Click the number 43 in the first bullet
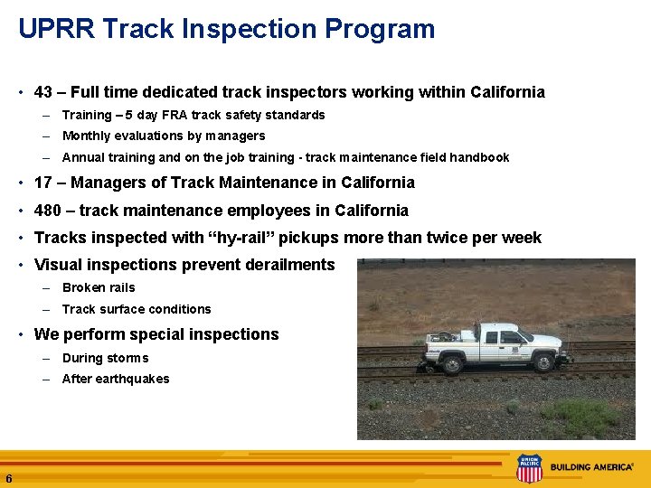click(x=42, y=92)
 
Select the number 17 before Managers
click(x=42, y=183)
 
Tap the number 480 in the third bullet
click(x=47, y=211)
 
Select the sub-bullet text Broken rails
click(x=98, y=287)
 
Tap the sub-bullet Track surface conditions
click(x=136, y=309)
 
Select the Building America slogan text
click(x=591, y=468)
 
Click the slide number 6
click(x=8, y=478)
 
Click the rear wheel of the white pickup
click(x=456, y=364)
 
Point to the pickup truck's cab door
click(x=494, y=345)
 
